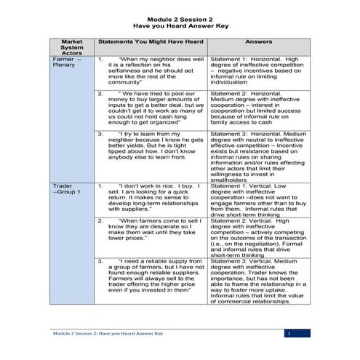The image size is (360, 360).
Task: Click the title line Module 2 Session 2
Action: [180, 13]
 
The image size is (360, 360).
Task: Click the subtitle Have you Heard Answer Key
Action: [180, 22]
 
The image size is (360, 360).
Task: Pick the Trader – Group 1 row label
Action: [69, 191]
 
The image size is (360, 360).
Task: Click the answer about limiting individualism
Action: [254, 71]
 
